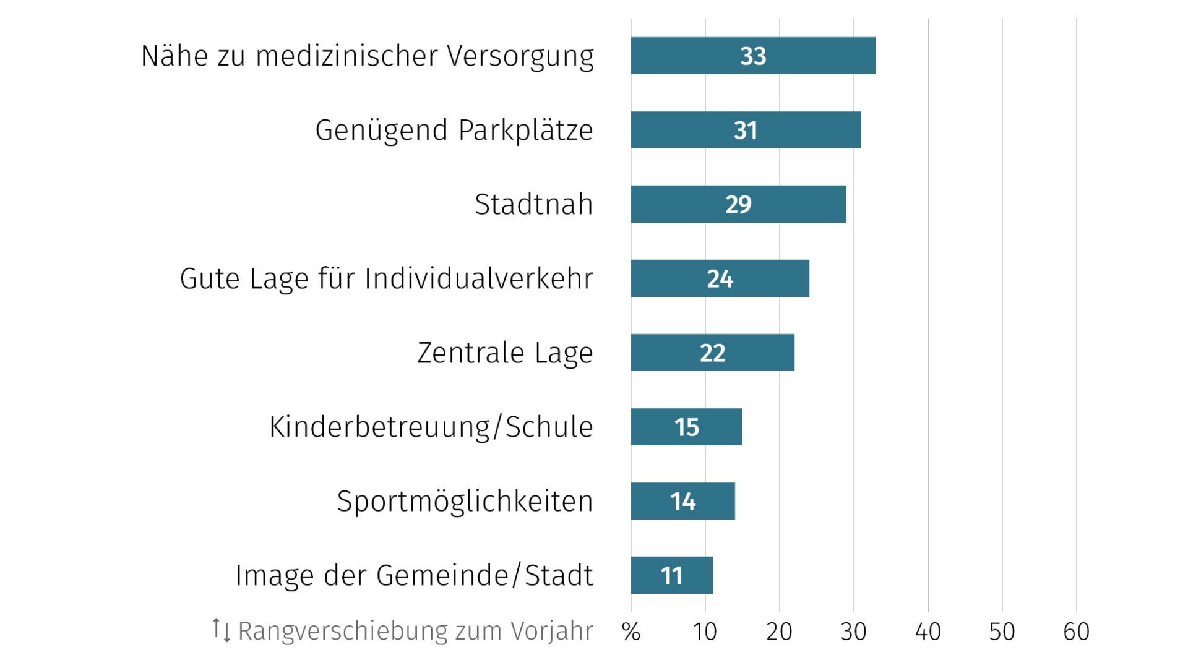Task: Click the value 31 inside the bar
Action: pos(746,131)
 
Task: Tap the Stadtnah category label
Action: pos(533,205)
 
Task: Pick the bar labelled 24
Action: pos(720,278)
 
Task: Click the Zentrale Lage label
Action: pos(505,353)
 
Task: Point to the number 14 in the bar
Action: pos(683,502)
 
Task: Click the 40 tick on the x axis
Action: pos(928,632)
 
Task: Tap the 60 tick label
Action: pos(1076,632)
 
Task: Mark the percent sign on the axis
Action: pos(631,632)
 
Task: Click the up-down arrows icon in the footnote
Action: pos(221,630)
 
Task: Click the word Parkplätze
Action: pos(525,131)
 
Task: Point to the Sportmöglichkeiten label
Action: pos(465,502)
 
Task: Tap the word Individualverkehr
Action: pos(479,279)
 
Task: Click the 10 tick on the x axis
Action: pos(705,632)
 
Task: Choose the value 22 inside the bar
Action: pos(712,353)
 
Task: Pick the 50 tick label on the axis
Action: pos(1002,632)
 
